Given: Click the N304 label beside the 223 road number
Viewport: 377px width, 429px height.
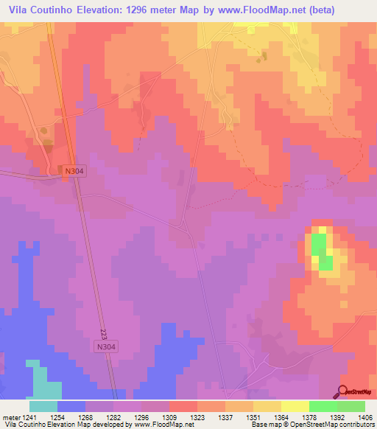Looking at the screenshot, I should point(106,346).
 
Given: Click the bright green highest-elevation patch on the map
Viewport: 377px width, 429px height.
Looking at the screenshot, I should point(320,248).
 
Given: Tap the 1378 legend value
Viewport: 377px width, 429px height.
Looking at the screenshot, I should point(309,416).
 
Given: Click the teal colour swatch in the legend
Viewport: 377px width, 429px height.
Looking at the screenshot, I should point(43,406).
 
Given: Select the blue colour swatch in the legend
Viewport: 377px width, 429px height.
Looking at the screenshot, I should point(71,406).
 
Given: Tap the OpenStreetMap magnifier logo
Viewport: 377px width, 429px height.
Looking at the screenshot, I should point(343,392).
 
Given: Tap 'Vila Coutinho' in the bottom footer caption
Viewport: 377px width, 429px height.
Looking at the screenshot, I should point(23,425).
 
